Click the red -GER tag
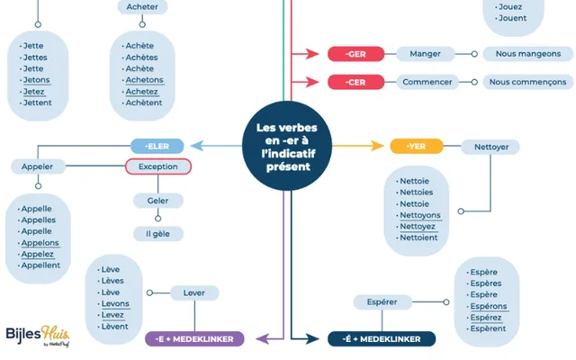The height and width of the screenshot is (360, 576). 355,54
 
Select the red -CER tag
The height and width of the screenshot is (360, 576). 355,82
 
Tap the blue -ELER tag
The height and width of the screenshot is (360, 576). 157,145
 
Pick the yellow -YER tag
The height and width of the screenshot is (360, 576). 415,146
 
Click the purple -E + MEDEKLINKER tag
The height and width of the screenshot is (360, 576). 194,339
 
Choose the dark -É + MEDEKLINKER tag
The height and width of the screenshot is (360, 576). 382,339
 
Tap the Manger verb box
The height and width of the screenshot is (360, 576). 425,54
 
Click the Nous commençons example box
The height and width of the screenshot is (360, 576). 527,82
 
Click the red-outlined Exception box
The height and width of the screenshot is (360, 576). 158,166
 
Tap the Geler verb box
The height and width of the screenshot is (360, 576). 158,200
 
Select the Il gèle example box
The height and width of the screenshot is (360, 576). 158,234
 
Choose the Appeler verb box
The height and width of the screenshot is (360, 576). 37,166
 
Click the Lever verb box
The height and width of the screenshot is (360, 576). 193,292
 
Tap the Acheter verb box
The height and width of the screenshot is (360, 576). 142,7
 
